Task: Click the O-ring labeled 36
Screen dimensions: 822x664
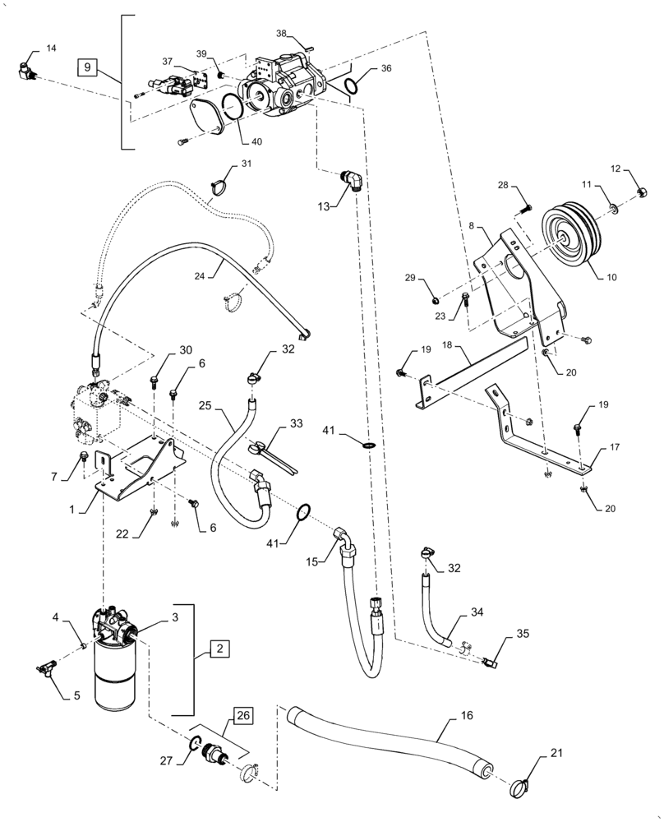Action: coord(352,85)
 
